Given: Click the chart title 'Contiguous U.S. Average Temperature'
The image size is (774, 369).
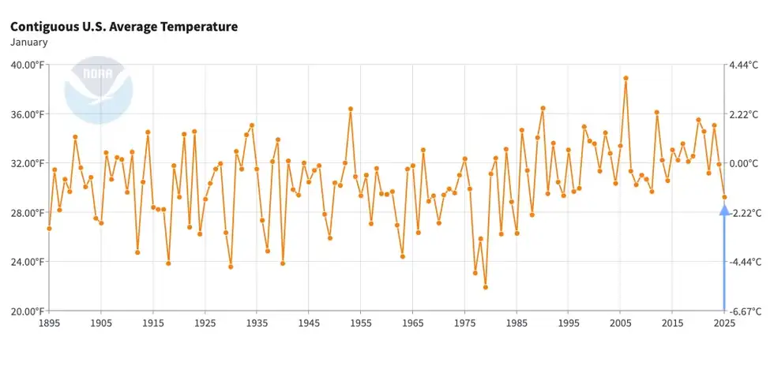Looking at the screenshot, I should tap(124, 27).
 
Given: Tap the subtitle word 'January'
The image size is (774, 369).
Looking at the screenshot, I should tap(28, 43).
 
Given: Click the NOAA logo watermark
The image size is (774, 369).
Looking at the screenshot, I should tap(99, 90).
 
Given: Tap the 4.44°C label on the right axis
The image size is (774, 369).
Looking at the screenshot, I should tap(745, 65).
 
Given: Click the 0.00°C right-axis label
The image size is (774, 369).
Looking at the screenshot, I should tap(745, 163).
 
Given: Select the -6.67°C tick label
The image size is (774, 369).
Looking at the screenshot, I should tap(745, 311).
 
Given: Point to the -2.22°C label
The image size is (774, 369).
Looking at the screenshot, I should tap(745, 213).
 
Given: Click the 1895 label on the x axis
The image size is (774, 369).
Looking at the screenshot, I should tap(49, 323).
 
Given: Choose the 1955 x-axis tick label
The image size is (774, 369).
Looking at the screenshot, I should tap(361, 323).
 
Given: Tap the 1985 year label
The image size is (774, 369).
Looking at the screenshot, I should tap(517, 323).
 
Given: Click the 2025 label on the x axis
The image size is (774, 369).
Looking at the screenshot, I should tap(724, 323).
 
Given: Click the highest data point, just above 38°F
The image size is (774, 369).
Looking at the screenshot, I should tap(626, 78).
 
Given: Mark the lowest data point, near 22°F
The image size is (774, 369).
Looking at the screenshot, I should tap(485, 287).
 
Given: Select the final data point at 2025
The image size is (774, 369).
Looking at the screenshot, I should tap(724, 197).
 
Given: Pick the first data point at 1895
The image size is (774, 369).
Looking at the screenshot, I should tap(49, 229).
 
